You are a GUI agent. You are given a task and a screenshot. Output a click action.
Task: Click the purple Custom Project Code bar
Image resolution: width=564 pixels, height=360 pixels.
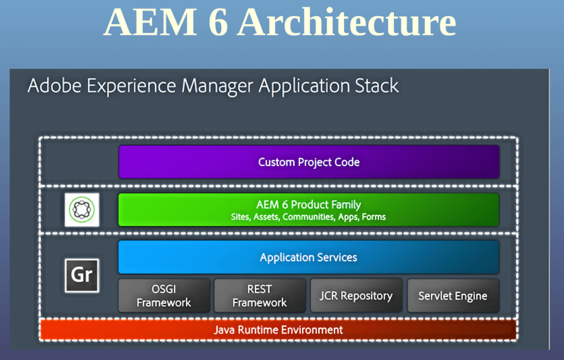pos(309,161)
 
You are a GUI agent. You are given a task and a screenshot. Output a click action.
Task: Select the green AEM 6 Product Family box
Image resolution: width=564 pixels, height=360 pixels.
pos(309,210)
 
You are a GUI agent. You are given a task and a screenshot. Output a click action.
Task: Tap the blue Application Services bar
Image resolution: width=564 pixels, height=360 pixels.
pos(309,257)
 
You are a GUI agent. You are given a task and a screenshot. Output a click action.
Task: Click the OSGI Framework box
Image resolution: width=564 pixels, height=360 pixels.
pos(164,296)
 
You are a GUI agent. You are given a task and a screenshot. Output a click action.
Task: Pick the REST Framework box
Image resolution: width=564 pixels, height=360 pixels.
pos(260,296)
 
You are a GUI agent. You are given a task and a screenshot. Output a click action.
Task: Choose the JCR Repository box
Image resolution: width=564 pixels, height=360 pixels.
pos(356,296)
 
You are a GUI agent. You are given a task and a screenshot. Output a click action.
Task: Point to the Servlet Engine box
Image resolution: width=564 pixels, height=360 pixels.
pos(453,296)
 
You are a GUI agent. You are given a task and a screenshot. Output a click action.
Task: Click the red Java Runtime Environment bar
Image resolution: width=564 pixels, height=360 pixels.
pos(278,330)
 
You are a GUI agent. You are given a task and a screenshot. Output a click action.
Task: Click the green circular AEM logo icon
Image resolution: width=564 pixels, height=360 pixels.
pos(82,210)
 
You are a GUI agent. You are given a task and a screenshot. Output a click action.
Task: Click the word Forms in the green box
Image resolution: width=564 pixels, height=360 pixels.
pos(374,217)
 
